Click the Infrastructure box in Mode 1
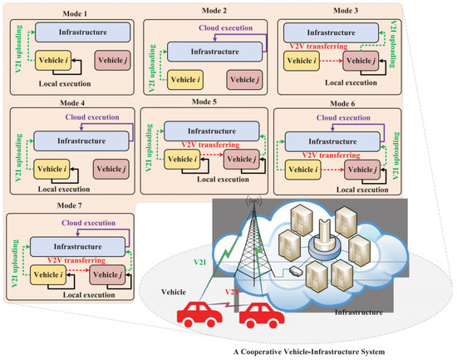(x=76, y=32)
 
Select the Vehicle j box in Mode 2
(x=245, y=80)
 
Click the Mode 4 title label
(x=70, y=103)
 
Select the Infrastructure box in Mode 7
(x=76, y=246)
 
